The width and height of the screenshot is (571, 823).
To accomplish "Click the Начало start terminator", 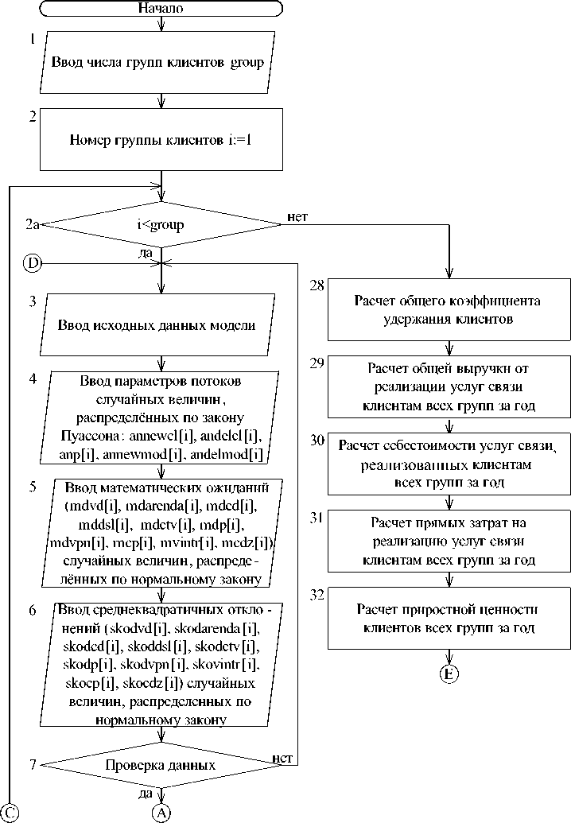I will coord(161,9).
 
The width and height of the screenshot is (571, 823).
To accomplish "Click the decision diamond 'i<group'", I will coord(161,225).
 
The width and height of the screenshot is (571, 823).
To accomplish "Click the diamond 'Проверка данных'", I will coord(161,765).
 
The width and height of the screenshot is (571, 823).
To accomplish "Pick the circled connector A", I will coord(161,812).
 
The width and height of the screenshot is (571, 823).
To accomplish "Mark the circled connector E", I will coord(450,674).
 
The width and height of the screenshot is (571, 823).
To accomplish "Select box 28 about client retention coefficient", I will coord(450,310).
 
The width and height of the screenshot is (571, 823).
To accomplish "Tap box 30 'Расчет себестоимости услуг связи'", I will coord(450,464).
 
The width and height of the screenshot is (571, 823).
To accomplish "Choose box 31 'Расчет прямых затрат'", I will coord(450,541).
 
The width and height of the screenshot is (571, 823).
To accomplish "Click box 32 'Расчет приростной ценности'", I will coord(450,618).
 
